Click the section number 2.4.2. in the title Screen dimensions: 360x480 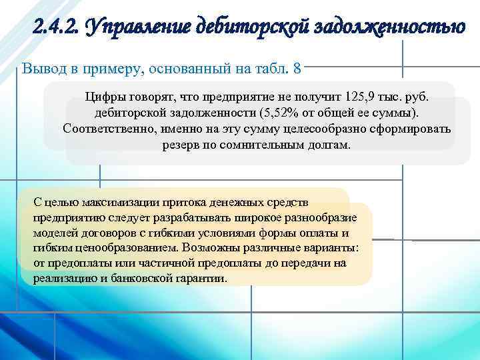(55, 28)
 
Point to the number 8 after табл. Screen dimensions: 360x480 (297, 68)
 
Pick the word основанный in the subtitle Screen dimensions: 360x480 (183, 68)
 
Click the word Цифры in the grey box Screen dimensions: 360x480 (103, 96)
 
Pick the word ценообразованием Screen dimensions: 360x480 (119, 248)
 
